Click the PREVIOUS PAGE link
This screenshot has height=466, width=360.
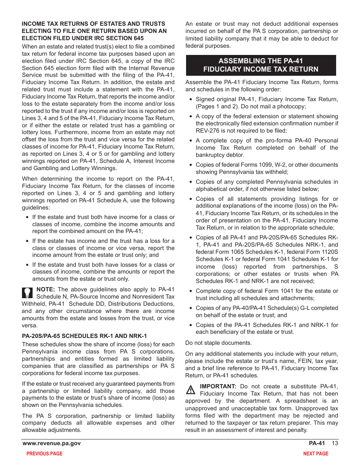pos(44,453)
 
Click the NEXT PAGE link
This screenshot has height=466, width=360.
pos(316,453)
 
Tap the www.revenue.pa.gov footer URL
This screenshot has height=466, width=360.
pos(52,443)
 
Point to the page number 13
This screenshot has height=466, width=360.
pos(335,443)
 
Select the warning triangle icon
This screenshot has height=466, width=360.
pos(191,389)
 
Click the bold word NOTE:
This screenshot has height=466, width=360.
pos(45,289)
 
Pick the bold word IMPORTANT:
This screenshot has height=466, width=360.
pos(218,386)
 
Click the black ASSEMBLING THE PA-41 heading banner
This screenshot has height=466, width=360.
pos(261,65)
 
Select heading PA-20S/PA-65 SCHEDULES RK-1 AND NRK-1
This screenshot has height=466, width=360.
pos(85,336)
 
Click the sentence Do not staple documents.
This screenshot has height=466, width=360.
pos(218,343)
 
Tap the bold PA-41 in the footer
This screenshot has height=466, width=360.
pos(317,443)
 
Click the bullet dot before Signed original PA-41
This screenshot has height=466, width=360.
pos(191,100)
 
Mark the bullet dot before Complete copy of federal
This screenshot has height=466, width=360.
pos(191,291)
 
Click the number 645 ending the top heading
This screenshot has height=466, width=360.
pos(139,38)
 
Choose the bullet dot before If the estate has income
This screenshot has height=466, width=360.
pos(28,241)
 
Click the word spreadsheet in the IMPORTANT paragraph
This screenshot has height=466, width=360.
pos(304,401)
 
